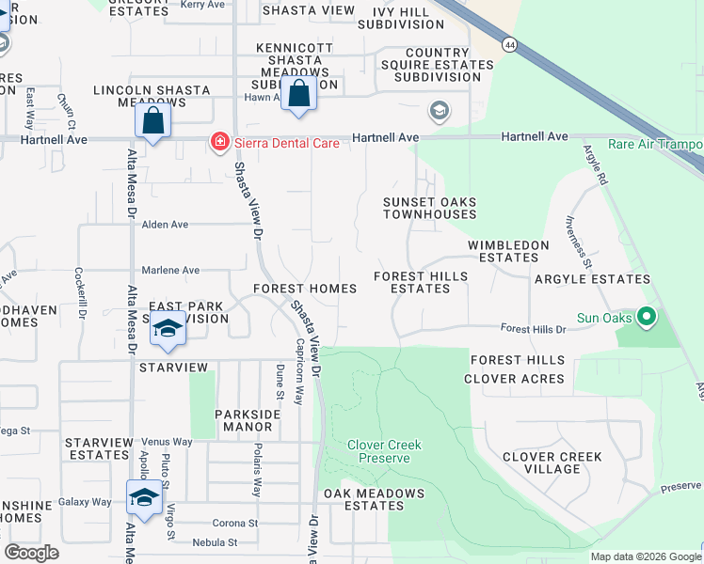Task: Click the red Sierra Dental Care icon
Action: click(x=219, y=142)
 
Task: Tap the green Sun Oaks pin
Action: click(x=646, y=318)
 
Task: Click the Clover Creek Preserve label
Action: click(x=384, y=451)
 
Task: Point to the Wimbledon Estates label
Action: click(x=508, y=251)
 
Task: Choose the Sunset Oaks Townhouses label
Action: click(x=429, y=208)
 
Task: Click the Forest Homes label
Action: click(x=305, y=289)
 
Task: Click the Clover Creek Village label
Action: click(x=552, y=462)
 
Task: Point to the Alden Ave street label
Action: click(x=165, y=225)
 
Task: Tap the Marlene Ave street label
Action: click(x=170, y=270)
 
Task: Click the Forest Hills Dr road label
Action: click(x=533, y=329)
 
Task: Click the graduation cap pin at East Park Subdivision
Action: click(x=168, y=328)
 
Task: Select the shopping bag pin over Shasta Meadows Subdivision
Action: click(x=298, y=95)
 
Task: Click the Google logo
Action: click(x=32, y=553)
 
